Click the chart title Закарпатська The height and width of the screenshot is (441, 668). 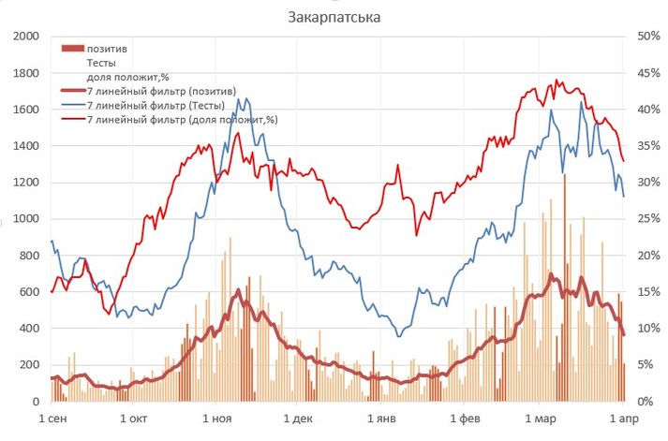tap(334, 17)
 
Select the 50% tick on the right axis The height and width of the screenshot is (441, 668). tap(648, 37)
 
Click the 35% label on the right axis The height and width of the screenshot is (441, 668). tap(648, 146)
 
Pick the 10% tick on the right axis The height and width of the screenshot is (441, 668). tap(648, 329)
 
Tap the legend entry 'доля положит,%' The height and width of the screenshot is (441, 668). tap(127, 77)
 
